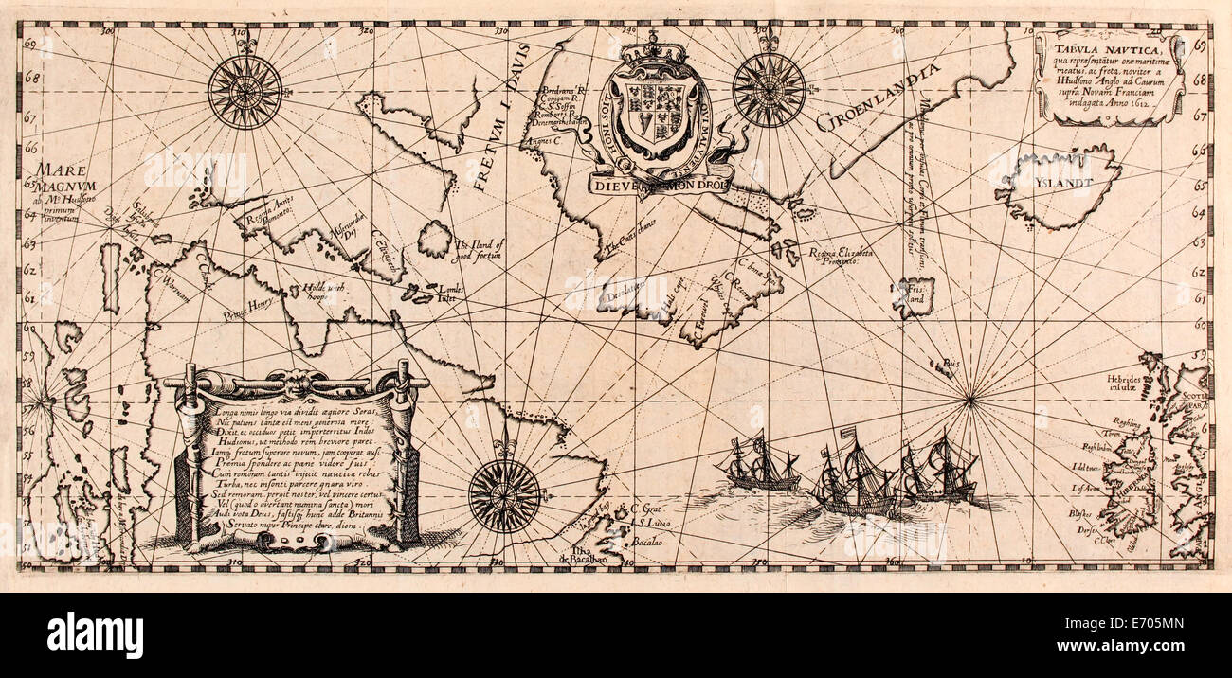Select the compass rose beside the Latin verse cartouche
[x=504, y=493]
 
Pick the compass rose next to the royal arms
[x=768, y=90]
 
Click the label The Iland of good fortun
[x=479, y=247]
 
